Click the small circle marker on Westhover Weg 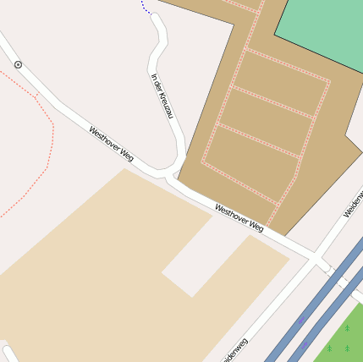click(x=18, y=64)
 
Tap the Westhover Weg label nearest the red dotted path click(x=112, y=144)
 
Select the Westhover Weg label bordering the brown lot click(x=239, y=218)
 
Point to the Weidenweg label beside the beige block click(x=234, y=351)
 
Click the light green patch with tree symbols click(x=343, y=338)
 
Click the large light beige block click(x=102, y=271)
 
